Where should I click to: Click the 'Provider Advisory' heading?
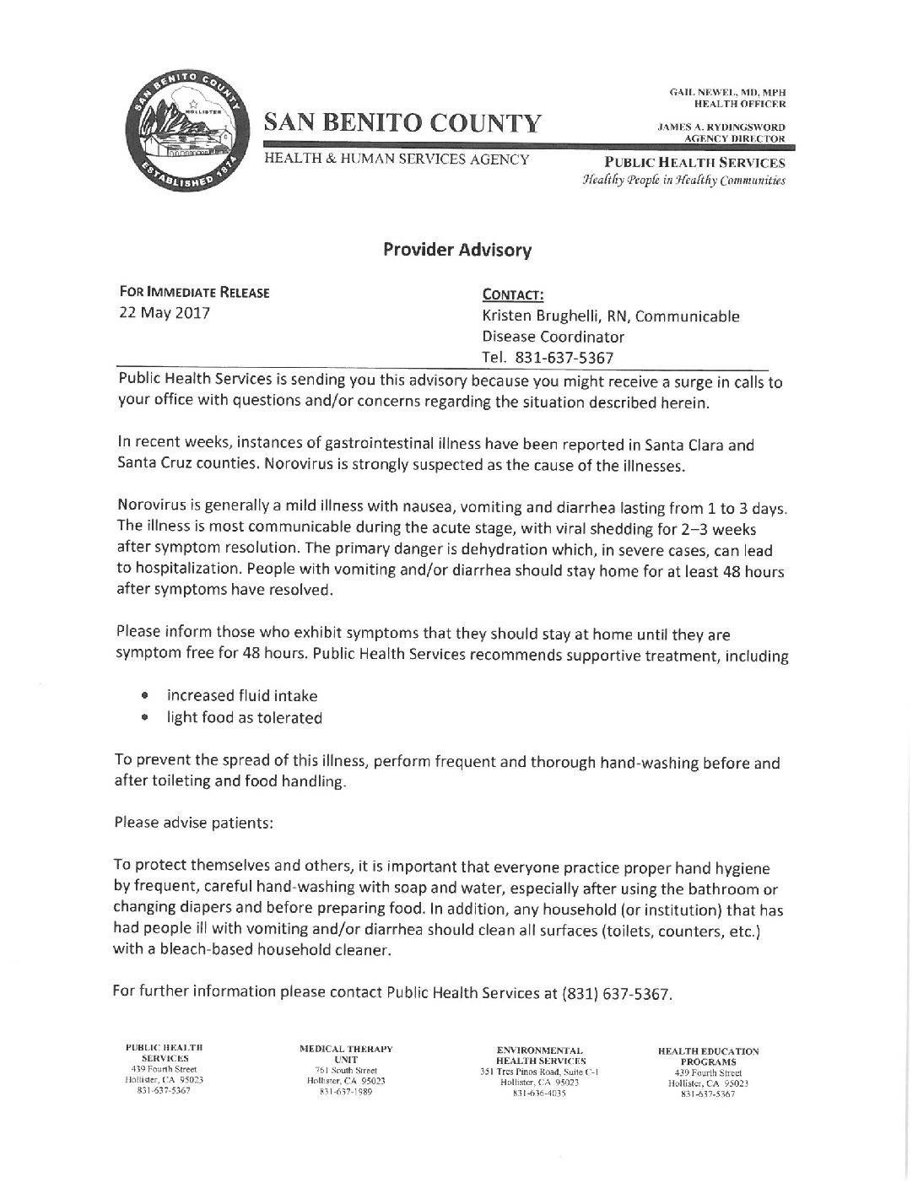(457, 250)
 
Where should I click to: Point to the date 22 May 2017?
(165, 314)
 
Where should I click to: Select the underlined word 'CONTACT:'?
(512, 295)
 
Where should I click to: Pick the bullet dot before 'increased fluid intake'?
(145, 696)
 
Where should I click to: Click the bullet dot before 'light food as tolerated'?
(145, 718)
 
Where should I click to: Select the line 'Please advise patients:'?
(193, 823)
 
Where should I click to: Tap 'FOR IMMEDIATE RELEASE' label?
(194, 294)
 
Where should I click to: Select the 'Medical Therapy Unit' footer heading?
(346, 1053)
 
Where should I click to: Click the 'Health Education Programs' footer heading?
(708, 1056)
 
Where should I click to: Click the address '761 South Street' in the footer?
(346, 1071)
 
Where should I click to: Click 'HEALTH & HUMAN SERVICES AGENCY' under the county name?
(397, 159)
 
